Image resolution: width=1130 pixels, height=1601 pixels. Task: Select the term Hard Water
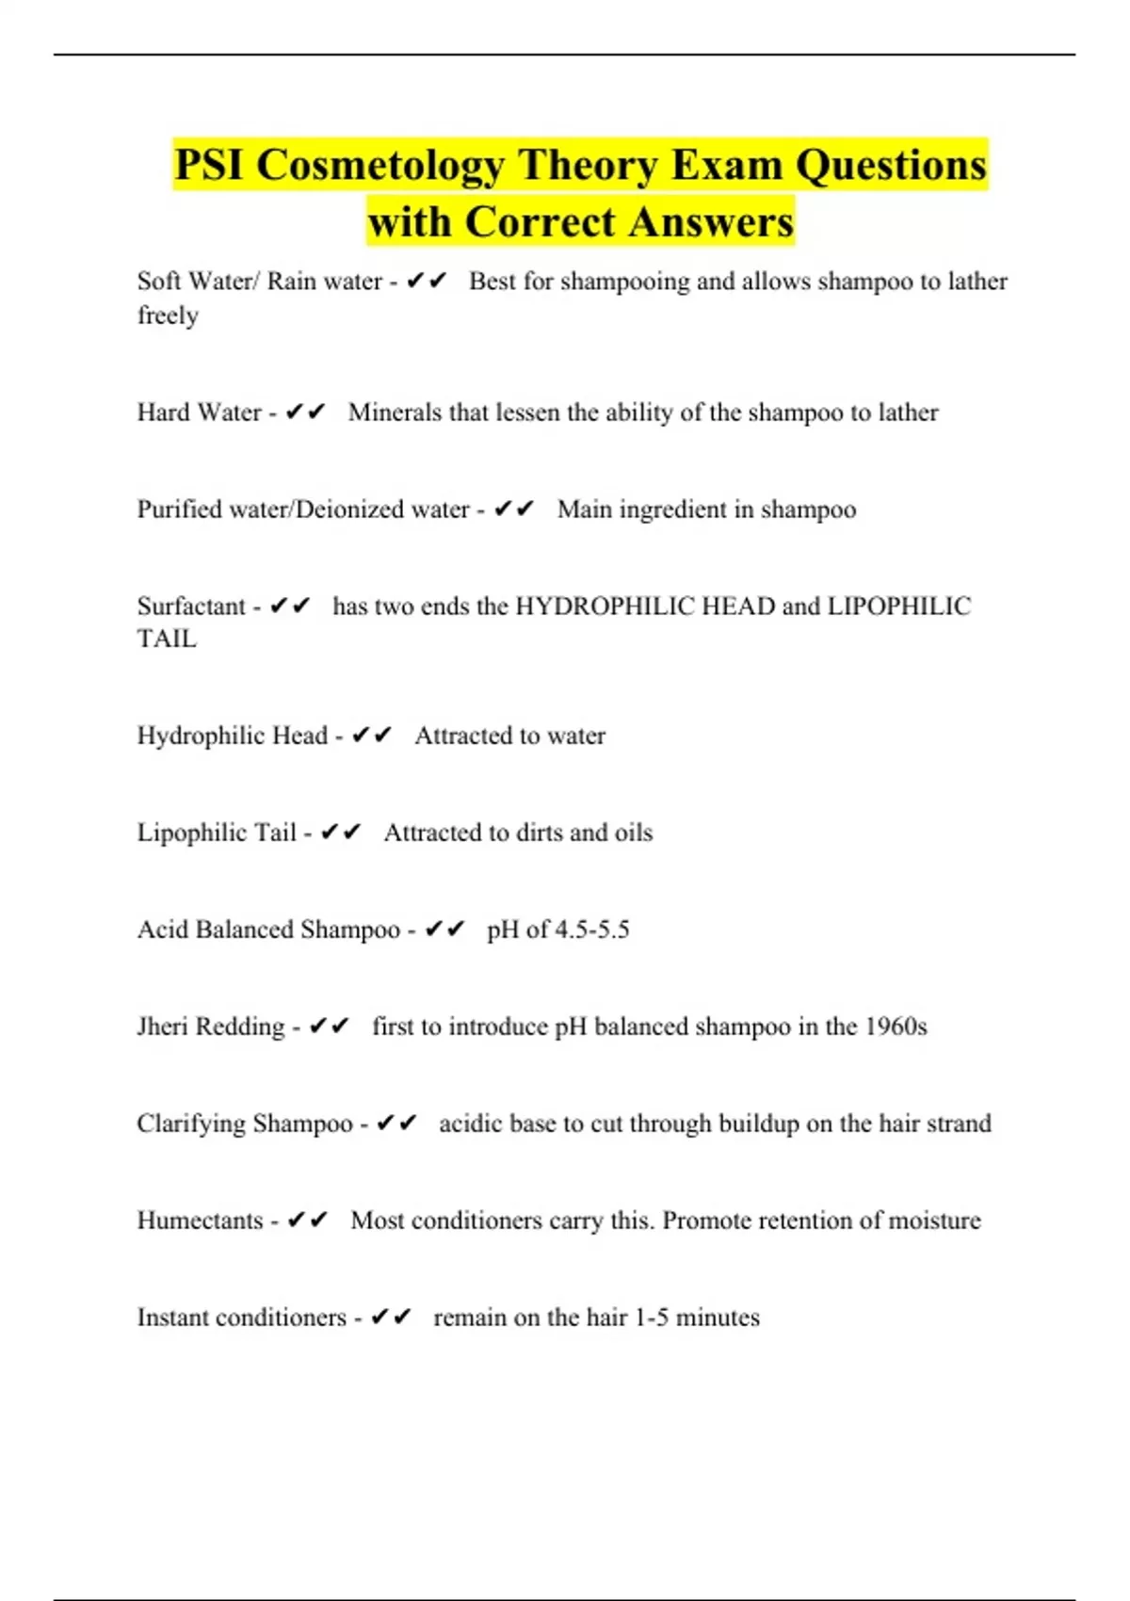point(199,412)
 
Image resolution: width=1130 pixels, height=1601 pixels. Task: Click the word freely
point(168,315)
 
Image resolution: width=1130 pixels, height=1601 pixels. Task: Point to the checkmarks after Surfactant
point(290,606)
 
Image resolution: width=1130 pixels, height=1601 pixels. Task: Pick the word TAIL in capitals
point(167,639)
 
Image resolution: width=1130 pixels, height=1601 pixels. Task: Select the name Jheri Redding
point(211,1027)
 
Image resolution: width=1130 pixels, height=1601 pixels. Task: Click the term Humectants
point(200,1221)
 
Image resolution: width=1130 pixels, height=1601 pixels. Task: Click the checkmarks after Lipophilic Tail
point(341,833)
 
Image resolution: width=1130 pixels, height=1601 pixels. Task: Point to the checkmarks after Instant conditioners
point(392,1318)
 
